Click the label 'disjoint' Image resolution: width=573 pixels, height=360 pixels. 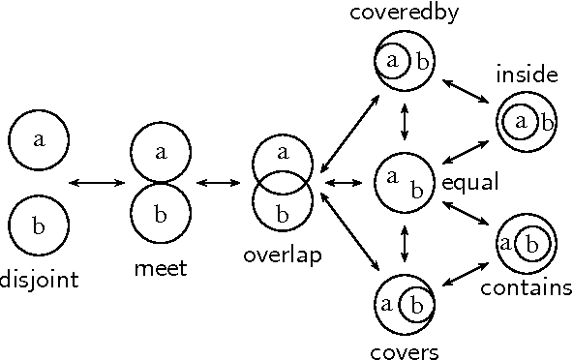coord(39,282)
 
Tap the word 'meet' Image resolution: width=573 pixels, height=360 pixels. coord(160,268)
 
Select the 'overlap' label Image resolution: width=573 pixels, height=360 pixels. coord(282,255)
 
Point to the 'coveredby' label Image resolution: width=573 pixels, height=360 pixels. coord(405,14)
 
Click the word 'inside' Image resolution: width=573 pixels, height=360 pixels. coord(527,75)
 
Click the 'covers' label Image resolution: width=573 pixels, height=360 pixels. coord(405,350)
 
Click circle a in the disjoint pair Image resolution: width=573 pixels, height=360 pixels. coord(39,138)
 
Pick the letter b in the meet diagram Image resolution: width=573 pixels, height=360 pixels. coord(161,212)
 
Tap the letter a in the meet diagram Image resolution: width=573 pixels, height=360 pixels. coord(161,151)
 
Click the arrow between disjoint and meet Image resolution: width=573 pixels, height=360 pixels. coord(99,182)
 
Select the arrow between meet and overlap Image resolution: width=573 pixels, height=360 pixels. coord(221,182)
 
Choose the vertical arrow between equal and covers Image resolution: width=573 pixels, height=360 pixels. coord(405,242)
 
